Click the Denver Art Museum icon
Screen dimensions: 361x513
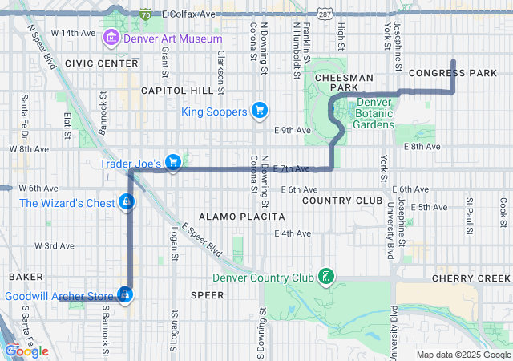tap(111, 39)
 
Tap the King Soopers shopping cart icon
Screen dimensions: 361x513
tap(259, 111)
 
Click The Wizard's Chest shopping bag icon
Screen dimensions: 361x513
tap(126, 203)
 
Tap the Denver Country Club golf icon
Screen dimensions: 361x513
tap(325, 278)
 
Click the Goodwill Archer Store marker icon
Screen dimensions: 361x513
tap(125, 296)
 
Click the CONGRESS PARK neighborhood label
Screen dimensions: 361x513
tap(453, 73)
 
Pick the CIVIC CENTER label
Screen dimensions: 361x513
tap(102, 63)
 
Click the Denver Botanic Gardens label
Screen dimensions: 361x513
tap(374, 113)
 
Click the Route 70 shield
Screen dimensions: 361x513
tap(145, 14)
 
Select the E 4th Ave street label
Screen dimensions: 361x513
tap(292, 233)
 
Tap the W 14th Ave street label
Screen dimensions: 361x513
tap(72, 33)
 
